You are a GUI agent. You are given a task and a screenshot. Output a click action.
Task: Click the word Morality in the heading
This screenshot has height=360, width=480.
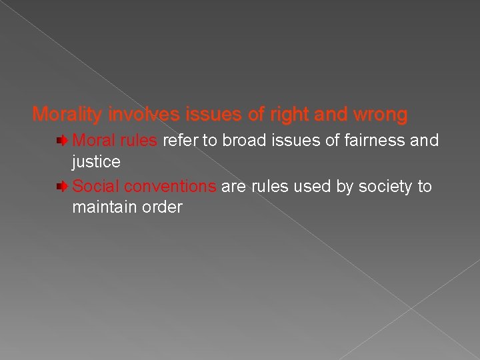pos(65,115)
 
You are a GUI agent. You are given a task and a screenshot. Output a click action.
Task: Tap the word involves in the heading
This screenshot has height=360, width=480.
pos(139,115)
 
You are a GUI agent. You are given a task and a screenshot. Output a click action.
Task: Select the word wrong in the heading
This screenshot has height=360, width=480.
pos(381,115)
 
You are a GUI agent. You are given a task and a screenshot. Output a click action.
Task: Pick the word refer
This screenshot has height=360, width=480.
pos(179,141)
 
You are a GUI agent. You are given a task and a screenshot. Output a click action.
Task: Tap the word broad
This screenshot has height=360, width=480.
pos(244,141)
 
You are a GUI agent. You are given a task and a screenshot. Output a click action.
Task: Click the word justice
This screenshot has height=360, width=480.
pos(96,162)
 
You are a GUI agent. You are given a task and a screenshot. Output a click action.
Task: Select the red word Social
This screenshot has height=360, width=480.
pos(96,186)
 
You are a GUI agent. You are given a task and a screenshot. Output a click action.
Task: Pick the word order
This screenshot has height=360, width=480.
pos(164,207)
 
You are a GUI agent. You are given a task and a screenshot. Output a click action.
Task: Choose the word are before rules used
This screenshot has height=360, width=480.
pos(233,186)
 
